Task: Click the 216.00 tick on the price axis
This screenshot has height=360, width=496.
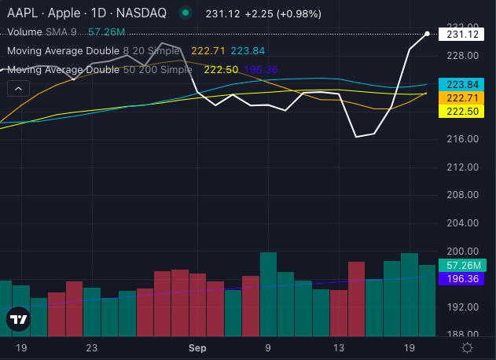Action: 463,139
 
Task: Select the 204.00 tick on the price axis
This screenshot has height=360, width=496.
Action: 463,222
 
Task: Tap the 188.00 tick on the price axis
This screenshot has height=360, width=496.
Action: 463,334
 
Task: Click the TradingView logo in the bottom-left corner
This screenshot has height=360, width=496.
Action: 19,320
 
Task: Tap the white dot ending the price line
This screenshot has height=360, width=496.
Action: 427,34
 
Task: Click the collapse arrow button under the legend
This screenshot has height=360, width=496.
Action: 17,89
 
